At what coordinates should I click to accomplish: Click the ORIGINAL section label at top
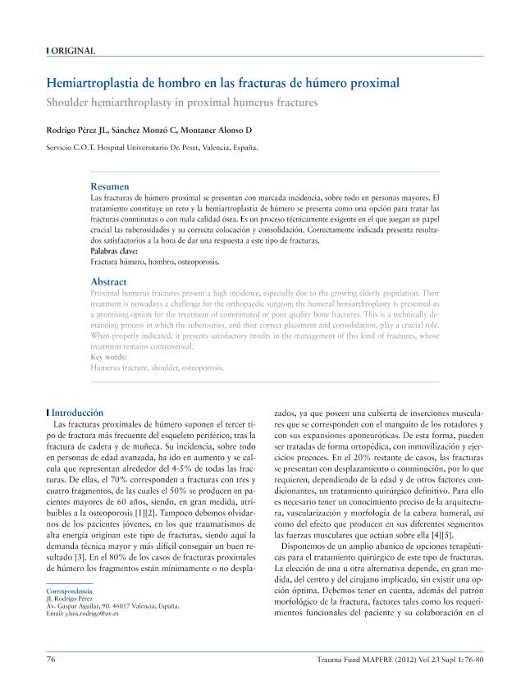pyautogui.click(x=73, y=51)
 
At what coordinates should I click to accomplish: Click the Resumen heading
pyautogui.click(x=109, y=186)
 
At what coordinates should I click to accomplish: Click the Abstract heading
pyautogui.click(x=108, y=281)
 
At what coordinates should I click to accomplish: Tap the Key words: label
pyautogui.click(x=108, y=357)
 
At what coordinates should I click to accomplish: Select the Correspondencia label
pyautogui.click(x=69, y=591)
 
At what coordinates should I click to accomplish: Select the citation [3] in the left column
pyautogui.click(x=72, y=558)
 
